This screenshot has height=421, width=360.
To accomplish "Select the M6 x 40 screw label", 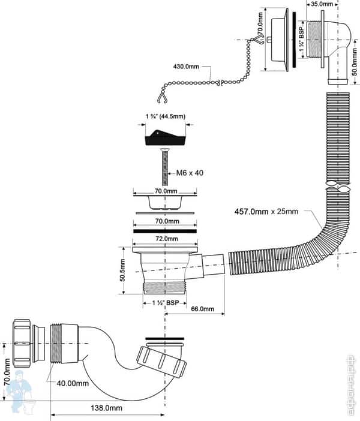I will coord(190,173).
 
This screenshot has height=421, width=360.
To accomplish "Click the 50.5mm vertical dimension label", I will coord(122,269).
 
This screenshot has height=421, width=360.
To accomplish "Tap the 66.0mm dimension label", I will coord(202,309).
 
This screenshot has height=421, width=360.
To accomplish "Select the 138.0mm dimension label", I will coord(104,408).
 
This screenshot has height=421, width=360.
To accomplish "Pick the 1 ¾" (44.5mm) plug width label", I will coord(165,117).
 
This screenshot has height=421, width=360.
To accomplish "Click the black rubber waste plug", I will coord(164,139).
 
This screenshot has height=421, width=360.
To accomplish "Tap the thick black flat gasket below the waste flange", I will coord(164,230).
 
